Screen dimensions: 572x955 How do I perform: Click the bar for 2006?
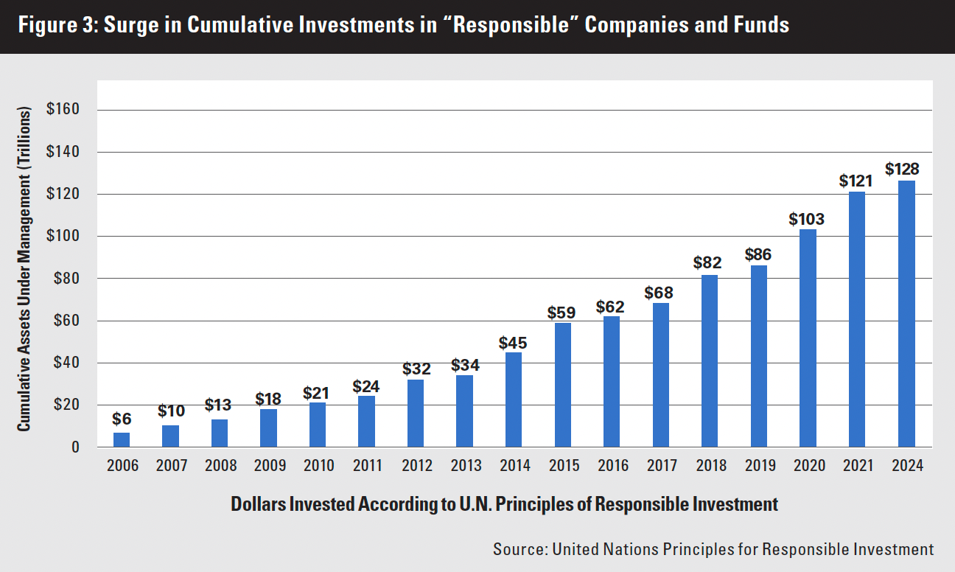pyautogui.click(x=122, y=440)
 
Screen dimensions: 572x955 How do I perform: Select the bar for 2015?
pyautogui.click(x=562, y=385)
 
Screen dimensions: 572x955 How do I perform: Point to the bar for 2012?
pyautogui.click(x=416, y=413)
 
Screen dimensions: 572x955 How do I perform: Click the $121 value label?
pyautogui.click(x=856, y=180)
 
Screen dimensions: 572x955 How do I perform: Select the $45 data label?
pyautogui.click(x=513, y=343)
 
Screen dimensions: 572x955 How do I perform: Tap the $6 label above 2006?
pyautogui.click(x=122, y=419)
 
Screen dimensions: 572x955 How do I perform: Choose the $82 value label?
pyautogui.click(x=709, y=262)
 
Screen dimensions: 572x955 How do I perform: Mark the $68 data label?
pyautogui.click(x=660, y=292)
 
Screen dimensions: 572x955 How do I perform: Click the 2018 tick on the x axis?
pyautogui.click(x=710, y=466)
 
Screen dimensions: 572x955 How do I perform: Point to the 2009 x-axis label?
pyautogui.click(x=269, y=466)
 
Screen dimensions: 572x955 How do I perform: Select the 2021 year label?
pyautogui.click(x=857, y=466)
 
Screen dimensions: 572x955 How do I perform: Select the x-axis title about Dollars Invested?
pyautogui.click(x=504, y=505)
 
